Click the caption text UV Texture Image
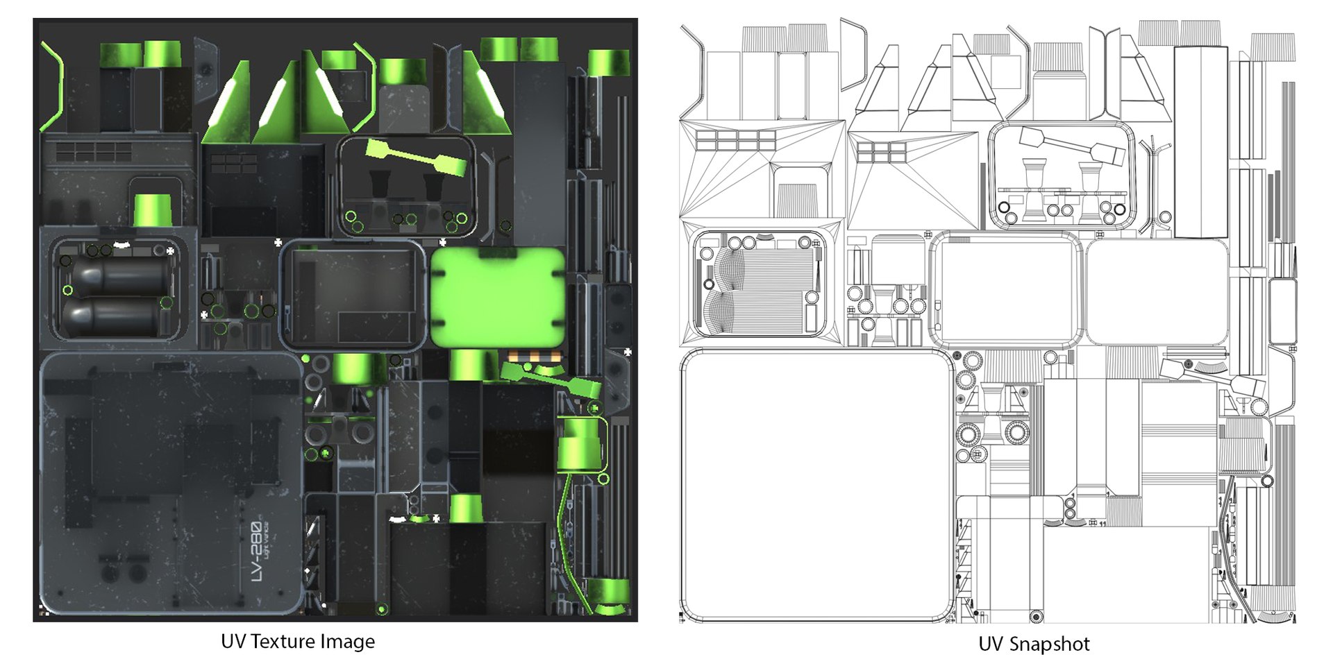pos(297,642)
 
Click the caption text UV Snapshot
pos(1033,644)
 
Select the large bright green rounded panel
pos(497,297)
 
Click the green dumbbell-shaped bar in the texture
pos(415,158)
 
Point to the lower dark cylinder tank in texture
pos(115,316)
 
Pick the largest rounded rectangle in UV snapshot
pos(816,486)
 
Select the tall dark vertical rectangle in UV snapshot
pos(1200,142)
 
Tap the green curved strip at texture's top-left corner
pos(54,87)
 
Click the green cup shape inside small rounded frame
pos(153,210)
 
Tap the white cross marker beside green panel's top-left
pos(443,243)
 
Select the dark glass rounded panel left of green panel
pos(352,296)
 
